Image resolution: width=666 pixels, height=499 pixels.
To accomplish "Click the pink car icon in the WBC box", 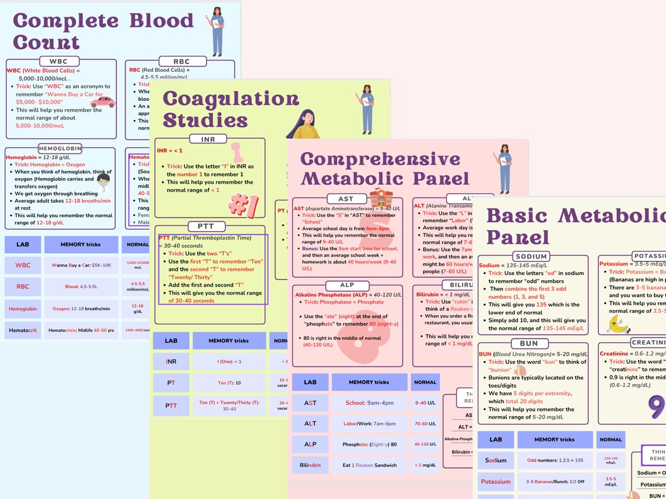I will pos(103,102).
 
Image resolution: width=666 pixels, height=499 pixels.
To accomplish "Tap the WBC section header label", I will pos(58,61).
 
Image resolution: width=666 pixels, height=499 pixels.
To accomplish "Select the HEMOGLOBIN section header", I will pos(60,148).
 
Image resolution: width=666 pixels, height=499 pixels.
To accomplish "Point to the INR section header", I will pos(208,139).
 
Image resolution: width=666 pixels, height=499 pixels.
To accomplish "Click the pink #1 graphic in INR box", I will pos(244,205).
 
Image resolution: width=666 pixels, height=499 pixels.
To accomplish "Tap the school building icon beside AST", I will pos(381,198).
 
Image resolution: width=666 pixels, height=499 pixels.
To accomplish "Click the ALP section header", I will pos(347,285).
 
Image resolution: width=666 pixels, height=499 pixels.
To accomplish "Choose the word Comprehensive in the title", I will pos(380,159).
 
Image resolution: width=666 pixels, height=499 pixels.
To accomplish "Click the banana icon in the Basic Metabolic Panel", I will pos(618,324).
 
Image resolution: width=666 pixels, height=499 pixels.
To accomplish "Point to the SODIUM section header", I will pos(531,256).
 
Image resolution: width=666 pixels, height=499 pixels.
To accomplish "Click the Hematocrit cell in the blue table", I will pos(23,330).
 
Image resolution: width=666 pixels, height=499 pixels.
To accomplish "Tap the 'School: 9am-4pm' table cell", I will pos(369,403).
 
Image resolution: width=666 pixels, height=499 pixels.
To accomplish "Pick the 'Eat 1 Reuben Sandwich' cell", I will pos(369,465).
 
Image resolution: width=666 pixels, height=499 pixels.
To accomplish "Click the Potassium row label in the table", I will pos(495,482).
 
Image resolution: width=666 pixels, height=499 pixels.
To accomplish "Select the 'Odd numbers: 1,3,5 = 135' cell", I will pos(554,460).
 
